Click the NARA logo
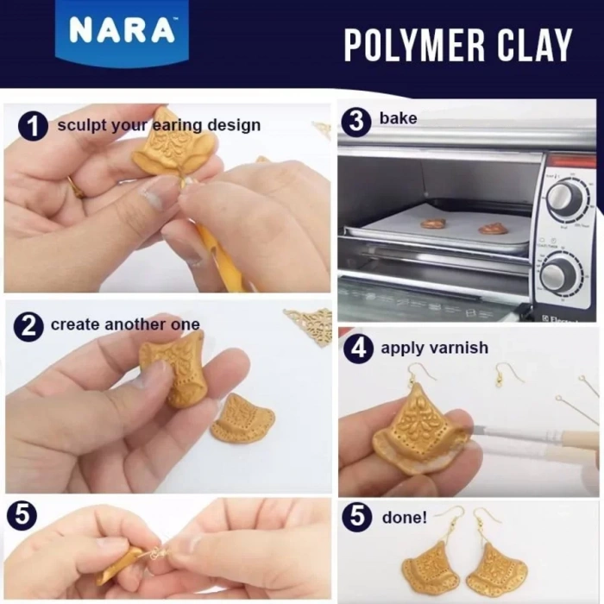122,31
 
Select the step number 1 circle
33,126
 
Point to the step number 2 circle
28,326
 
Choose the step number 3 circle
356,120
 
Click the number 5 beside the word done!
357,519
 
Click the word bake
398,118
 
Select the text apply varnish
434,349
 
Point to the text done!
404,519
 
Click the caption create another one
125,325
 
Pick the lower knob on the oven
562,274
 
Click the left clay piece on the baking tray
433,223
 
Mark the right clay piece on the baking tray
493,229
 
